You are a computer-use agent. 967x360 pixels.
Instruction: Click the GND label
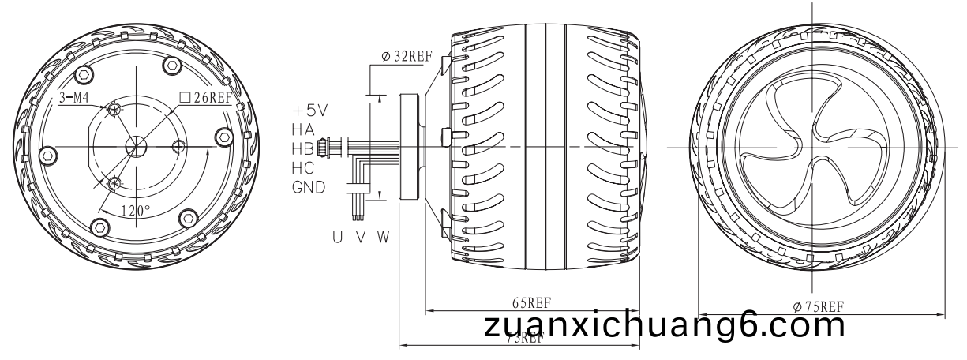click(308, 188)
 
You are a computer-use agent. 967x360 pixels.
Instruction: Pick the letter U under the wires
click(337, 236)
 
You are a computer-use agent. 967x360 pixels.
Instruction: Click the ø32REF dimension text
click(407, 57)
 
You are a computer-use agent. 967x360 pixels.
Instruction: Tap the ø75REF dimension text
click(819, 306)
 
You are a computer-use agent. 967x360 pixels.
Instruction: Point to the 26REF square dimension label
click(206, 98)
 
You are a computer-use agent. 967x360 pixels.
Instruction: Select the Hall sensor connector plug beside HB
click(323, 148)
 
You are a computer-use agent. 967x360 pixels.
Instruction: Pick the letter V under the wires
click(359, 236)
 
